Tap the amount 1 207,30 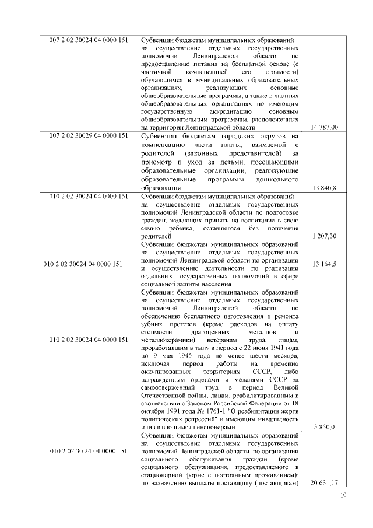325,236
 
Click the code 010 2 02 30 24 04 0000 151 88,451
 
